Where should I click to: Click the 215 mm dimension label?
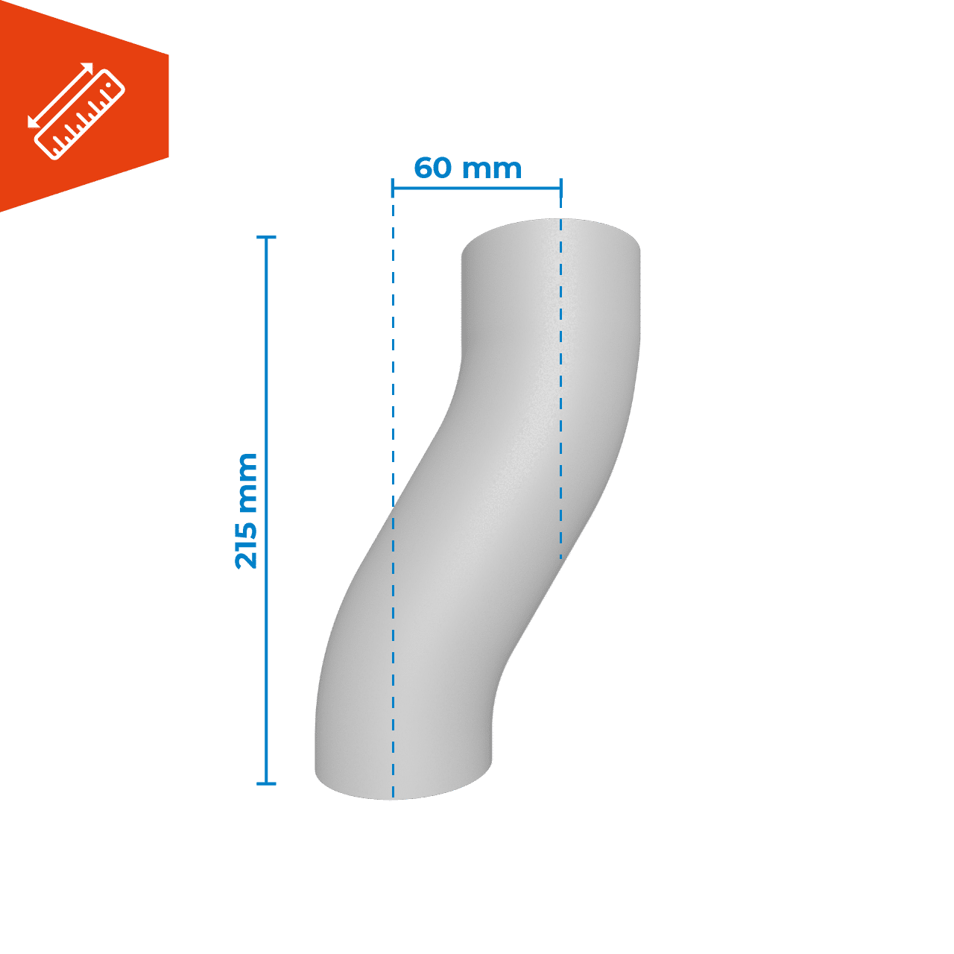pos(246,511)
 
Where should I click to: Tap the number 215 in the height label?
pos(246,544)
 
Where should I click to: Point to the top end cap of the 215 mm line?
pos(266,238)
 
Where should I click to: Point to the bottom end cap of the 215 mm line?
pos(266,783)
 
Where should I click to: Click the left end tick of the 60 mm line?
pos(393,188)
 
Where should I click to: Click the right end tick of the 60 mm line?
pos(561,188)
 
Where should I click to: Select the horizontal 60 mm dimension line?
pos(477,188)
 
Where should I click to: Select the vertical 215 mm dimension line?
pos(266,511)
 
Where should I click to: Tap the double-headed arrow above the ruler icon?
pos(60,95)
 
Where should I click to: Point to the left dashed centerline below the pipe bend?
pos(393,654)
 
